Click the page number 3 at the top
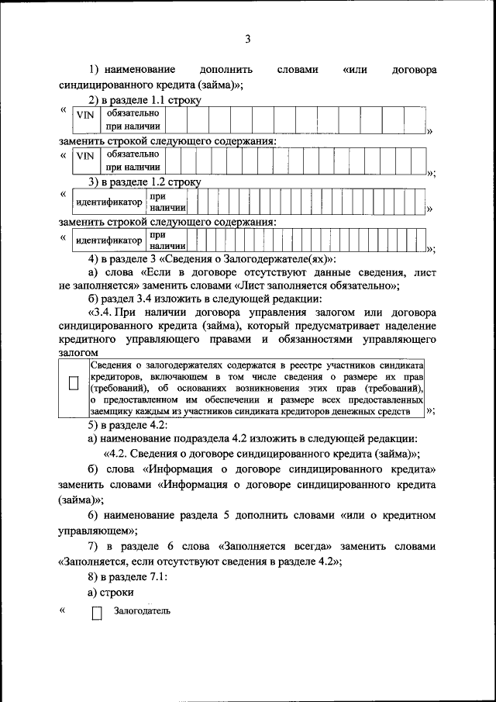click(x=248, y=40)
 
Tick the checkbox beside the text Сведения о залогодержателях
click(x=74, y=383)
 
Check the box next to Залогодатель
click(x=97, y=614)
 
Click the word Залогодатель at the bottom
click(x=143, y=610)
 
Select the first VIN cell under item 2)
click(x=84, y=119)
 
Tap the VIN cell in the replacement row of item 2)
click(x=84, y=161)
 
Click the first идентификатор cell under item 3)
click(x=108, y=202)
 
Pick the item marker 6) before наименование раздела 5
click(x=92, y=515)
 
